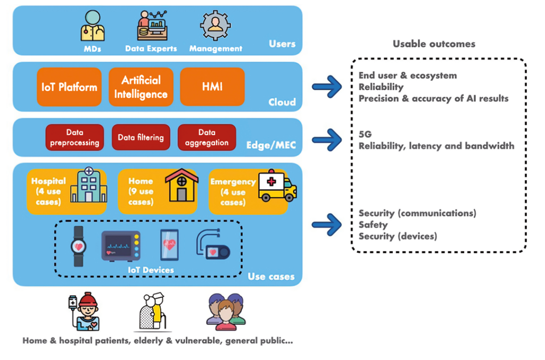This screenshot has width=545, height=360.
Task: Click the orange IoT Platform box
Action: coord(69,87)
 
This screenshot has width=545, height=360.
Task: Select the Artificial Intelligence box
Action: coord(141,87)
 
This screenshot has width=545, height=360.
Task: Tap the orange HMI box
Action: coord(212,87)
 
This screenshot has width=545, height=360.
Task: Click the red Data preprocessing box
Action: coord(75,137)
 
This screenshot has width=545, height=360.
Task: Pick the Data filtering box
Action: coord(141,137)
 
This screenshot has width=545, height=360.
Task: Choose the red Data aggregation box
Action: coord(207,137)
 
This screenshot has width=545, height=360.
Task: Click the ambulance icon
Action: coord(277,187)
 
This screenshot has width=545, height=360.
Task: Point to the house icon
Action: coord(181,186)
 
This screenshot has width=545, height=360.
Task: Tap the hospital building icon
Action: coord(88,186)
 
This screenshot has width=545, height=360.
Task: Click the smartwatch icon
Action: coord(79,246)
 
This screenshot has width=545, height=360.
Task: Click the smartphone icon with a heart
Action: coord(169,245)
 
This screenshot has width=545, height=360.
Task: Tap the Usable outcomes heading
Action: coord(434,44)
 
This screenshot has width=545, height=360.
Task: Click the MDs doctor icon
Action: coord(92,26)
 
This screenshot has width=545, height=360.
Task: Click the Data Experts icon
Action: coord(151,26)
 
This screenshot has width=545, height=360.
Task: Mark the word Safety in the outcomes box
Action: coord(373,225)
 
